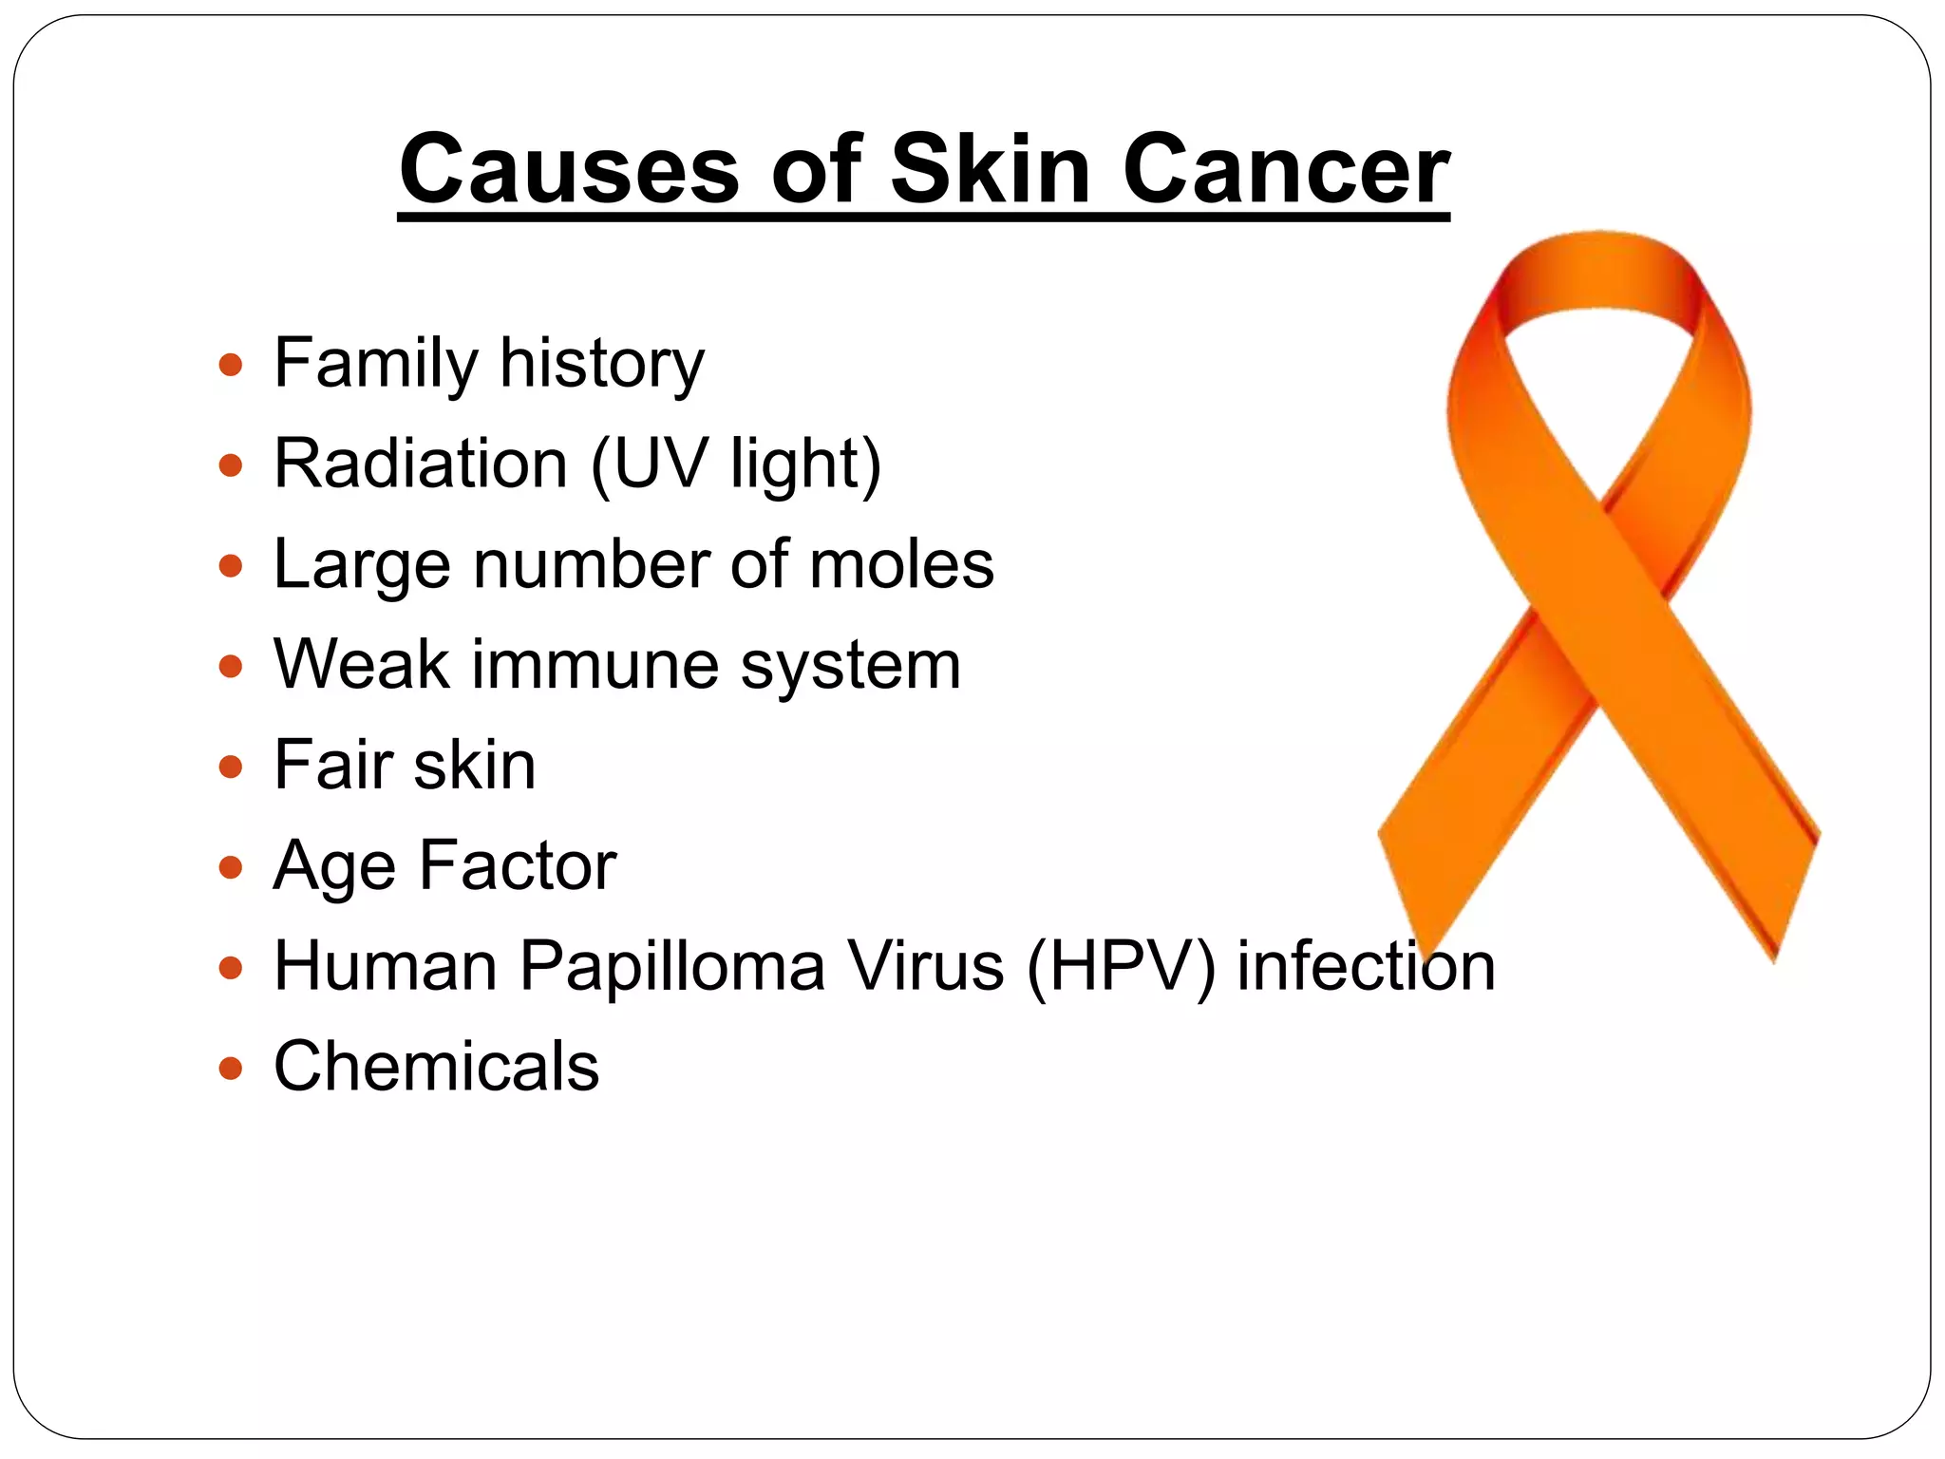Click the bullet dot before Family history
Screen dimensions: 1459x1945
(230, 365)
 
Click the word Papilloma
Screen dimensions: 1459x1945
(672, 966)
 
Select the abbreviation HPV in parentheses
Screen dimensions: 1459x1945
(1122, 966)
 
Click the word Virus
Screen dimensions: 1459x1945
(925, 966)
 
